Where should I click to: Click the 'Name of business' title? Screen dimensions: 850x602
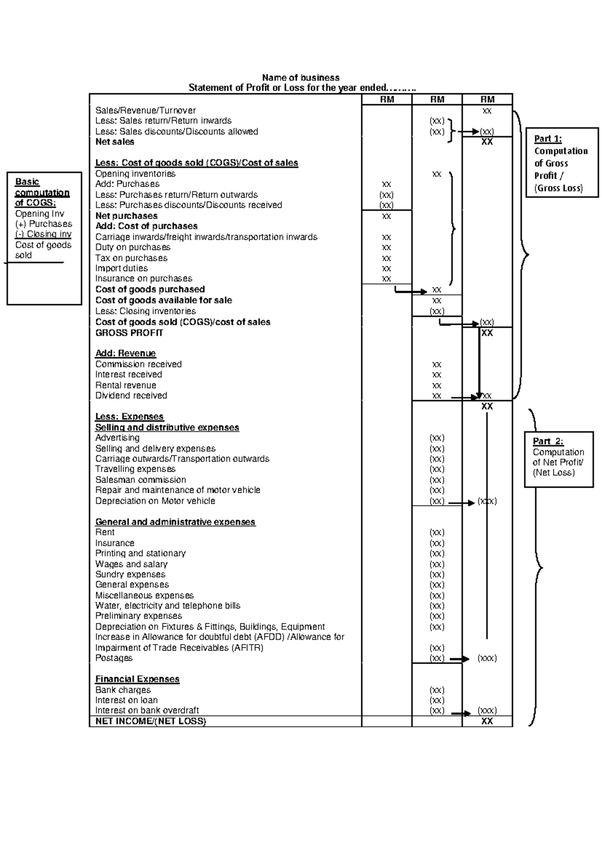pos(300,78)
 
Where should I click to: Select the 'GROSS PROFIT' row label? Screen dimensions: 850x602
pos(129,333)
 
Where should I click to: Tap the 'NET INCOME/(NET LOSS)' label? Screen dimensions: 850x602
pos(150,721)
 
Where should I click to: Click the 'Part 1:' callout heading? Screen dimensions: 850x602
pos(548,139)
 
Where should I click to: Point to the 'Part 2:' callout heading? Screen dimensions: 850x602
pos(548,442)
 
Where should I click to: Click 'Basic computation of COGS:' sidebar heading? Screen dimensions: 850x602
pos(42,192)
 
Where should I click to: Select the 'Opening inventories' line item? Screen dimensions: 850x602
pos(135,174)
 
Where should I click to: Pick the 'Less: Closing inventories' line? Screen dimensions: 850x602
pos(145,311)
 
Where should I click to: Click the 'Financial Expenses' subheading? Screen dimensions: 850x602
pos(137,679)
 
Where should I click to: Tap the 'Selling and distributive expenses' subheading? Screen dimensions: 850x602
pos(167,428)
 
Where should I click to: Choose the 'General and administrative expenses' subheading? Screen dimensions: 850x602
pos(175,522)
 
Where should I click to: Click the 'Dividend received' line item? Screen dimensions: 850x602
pos(131,395)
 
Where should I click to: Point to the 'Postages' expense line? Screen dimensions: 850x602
pos(114,658)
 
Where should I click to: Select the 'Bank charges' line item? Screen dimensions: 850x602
pos(123,690)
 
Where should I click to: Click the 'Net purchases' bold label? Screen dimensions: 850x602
pos(126,216)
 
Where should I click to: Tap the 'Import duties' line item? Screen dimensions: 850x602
pos(121,268)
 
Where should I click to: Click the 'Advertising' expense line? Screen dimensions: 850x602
pos(117,438)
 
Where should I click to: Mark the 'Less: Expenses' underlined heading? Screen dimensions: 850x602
pos(129,416)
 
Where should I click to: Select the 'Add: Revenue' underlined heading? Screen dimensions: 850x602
pos(125,353)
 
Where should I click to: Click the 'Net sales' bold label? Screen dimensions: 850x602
pos(115,142)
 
